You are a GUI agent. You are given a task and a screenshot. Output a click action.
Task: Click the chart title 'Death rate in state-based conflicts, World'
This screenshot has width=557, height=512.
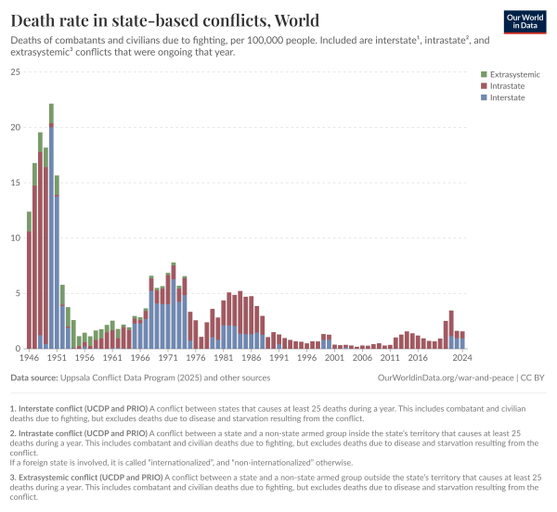(164, 20)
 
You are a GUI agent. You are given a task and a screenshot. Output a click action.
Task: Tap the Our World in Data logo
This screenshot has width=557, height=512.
(525, 22)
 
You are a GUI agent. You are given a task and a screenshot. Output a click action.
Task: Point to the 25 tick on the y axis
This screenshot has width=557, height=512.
(15, 72)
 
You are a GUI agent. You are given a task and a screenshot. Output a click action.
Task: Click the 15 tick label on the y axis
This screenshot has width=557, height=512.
(15, 183)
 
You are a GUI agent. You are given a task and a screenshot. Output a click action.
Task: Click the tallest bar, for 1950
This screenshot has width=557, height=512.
(51, 232)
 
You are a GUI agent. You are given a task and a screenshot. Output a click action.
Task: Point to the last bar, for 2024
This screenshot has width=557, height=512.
(461, 340)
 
